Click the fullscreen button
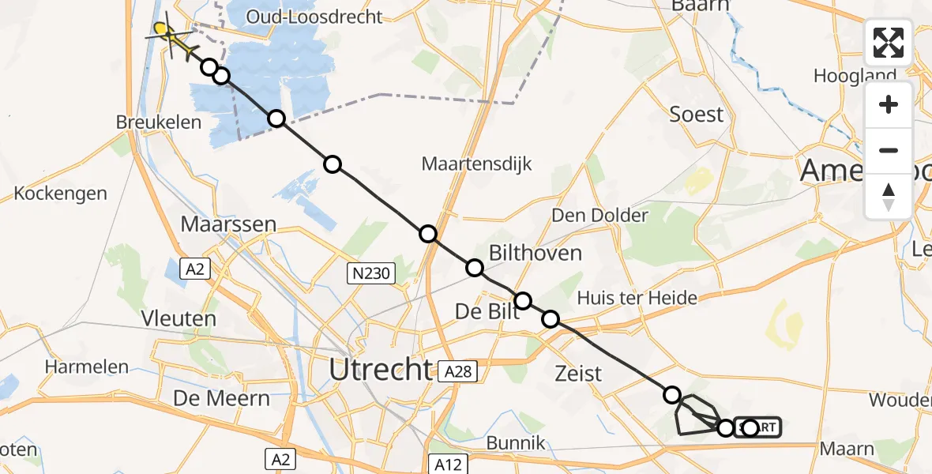(889, 43)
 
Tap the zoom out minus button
(889, 150)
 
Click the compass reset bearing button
(889, 196)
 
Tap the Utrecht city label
(381, 369)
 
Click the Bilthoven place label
(536, 253)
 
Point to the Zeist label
(579, 373)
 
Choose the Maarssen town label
(228, 224)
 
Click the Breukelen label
(159, 122)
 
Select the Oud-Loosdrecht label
(314, 17)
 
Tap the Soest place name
(696, 115)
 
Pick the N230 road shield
(370, 273)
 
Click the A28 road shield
(459, 371)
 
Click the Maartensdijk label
(476, 164)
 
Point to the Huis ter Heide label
(637, 298)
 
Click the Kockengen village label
(60, 194)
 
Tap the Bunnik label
(517, 443)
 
